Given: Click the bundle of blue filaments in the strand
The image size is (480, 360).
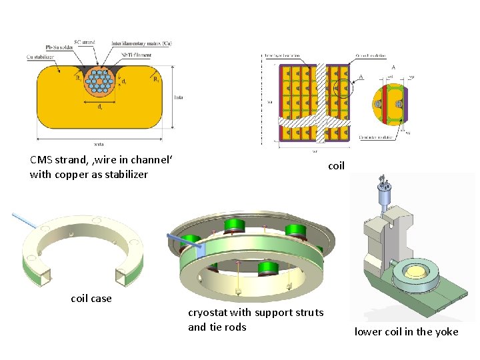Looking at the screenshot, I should point(102,81).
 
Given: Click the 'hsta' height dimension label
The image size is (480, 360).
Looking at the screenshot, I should point(178,97).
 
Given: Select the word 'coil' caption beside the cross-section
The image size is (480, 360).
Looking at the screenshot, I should point(336,166).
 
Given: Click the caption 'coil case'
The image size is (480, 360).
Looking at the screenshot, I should point(91,298).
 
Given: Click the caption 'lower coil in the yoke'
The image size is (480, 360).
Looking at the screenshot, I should point(406,331).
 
